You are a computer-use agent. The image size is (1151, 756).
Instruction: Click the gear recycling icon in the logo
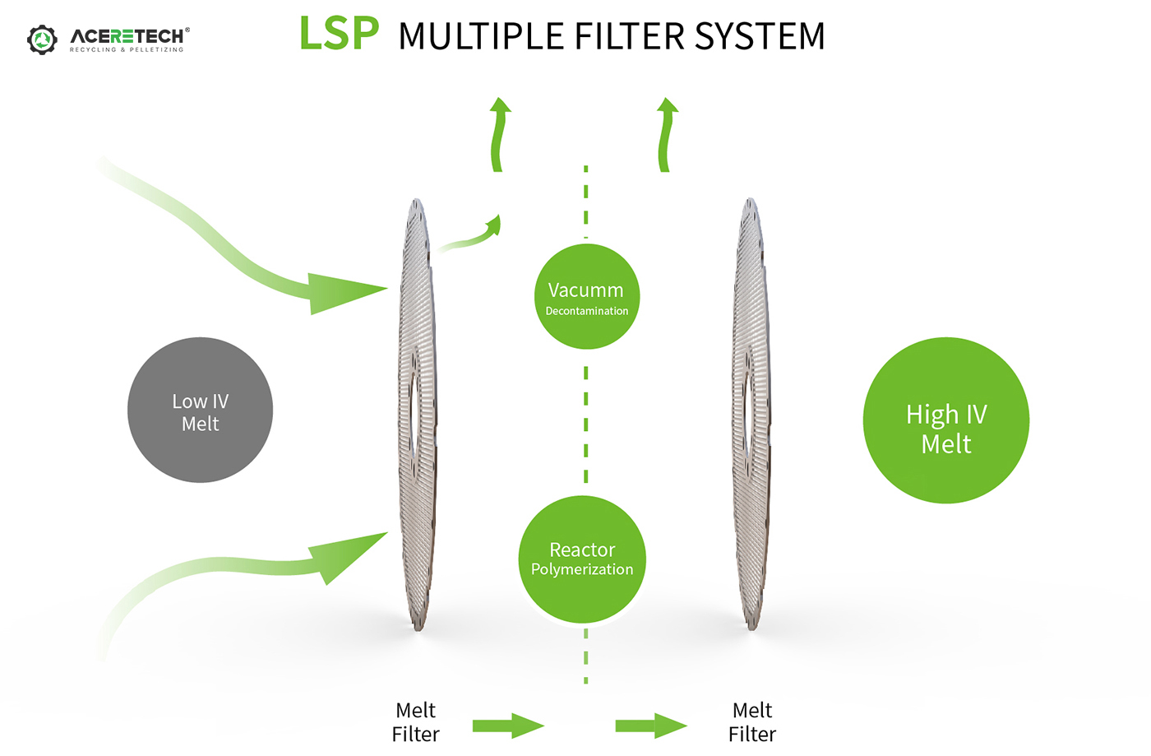(42, 39)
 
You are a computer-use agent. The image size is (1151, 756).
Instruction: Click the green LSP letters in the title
(340, 34)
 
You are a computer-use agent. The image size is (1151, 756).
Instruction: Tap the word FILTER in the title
(630, 36)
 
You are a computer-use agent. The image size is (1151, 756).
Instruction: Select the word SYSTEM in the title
(760, 36)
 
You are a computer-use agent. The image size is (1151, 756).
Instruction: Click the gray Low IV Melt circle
(201, 410)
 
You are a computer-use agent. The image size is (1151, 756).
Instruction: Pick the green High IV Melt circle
(946, 420)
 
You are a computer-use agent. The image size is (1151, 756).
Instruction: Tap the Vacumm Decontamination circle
(587, 297)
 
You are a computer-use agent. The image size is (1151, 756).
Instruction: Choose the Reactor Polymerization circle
(582, 559)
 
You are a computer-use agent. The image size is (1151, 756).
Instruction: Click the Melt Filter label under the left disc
(416, 722)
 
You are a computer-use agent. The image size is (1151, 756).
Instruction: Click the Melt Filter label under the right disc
(752, 722)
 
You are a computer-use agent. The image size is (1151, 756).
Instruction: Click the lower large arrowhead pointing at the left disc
(349, 557)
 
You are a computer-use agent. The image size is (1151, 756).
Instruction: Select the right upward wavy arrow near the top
(665, 134)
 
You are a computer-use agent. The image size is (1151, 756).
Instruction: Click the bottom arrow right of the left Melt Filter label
(508, 726)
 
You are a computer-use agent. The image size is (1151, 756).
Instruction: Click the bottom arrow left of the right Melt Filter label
(651, 726)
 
